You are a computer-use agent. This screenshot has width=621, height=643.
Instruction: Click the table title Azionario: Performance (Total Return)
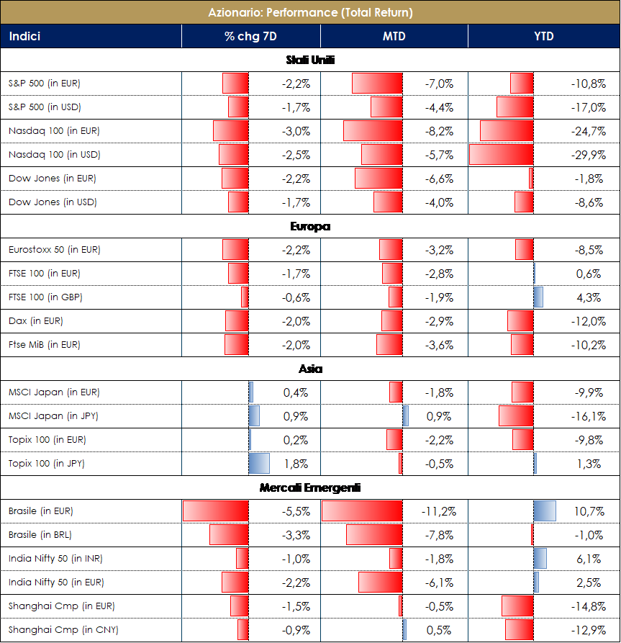tap(310, 13)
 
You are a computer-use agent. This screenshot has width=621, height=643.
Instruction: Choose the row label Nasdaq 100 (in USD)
tap(54, 155)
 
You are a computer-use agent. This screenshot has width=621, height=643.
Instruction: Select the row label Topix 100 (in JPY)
tap(47, 464)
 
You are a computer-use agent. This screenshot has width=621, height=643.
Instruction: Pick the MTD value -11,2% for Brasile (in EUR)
tap(438, 511)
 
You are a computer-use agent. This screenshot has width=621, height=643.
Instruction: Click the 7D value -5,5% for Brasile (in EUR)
tap(296, 511)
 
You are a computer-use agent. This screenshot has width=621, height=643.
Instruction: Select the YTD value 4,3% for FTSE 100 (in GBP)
tap(589, 297)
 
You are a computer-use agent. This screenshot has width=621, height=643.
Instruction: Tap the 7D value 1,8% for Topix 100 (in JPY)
tap(297, 464)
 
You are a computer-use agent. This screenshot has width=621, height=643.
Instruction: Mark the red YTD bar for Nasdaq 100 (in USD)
tap(501, 155)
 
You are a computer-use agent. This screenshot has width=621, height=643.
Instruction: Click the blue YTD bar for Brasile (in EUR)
tap(545, 511)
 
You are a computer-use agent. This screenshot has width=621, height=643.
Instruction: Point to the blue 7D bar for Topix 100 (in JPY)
tap(259, 464)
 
